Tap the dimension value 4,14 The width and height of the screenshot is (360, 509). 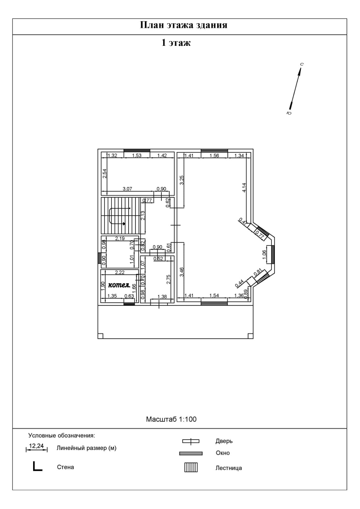(x=244, y=187)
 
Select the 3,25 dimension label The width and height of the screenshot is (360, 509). (x=182, y=180)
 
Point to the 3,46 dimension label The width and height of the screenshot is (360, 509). (x=182, y=272)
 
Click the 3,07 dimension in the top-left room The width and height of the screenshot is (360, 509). (x=127, y=189)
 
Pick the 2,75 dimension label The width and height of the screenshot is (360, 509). (x=169, y=279)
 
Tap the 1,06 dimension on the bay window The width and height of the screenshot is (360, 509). (x=264, y=255)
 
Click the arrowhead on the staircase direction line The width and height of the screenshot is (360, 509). (x=124, y=224)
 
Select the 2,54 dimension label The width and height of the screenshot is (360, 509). (x=105, y=173)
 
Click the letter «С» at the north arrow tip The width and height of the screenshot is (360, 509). (x=302, y=64)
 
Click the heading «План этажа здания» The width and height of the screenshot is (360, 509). (x=184, y=25)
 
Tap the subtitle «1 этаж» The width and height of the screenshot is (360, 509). (x=176, y=43)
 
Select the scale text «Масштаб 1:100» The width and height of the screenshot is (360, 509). (x=171, y=419)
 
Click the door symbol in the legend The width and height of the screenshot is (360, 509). (x=191, y=441)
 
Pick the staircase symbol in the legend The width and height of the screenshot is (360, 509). (x=191, y=467)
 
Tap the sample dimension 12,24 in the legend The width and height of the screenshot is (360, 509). (x=36, y=446)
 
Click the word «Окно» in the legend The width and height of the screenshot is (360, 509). (x=222, y=453)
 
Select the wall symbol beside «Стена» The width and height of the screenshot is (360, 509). (x=38, y=467)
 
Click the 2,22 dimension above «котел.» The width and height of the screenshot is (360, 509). (x=120, y=272)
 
